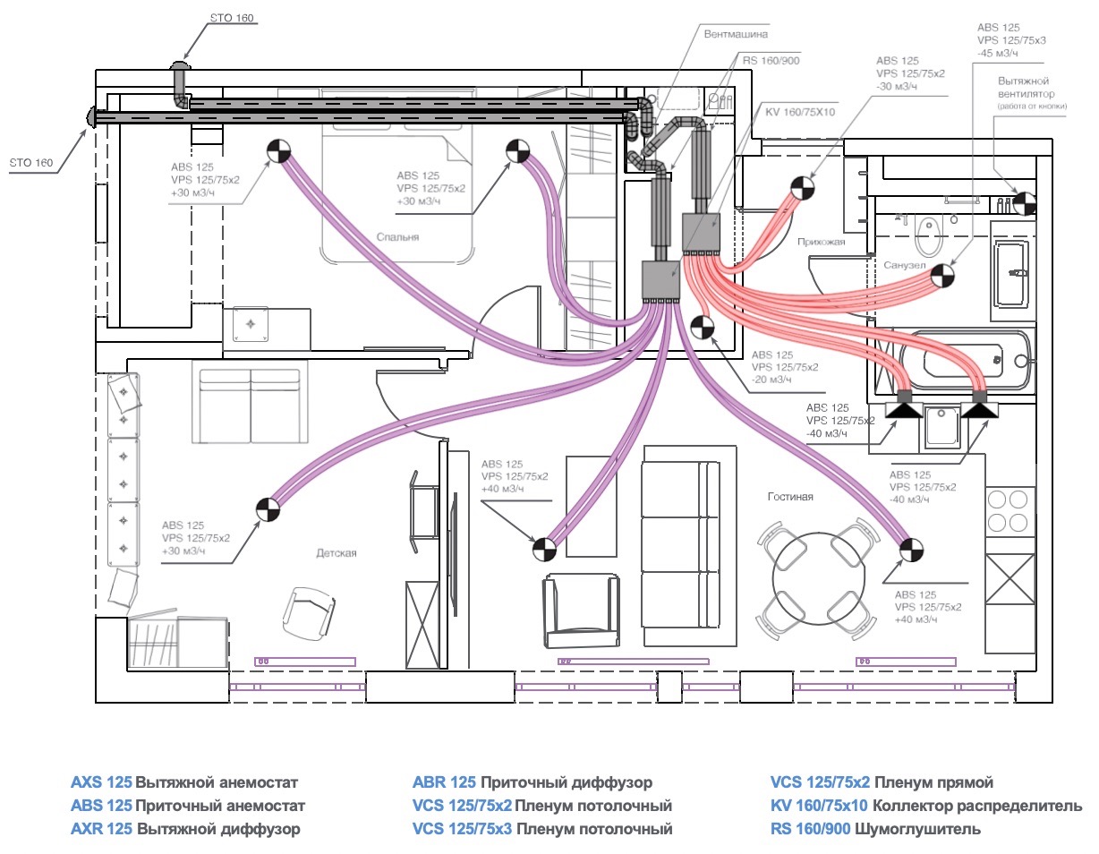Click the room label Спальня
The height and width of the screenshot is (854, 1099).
[x=397, y=236]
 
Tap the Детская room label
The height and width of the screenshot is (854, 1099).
[x=337, y=552]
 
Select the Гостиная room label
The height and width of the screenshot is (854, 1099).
[x=790, y=497]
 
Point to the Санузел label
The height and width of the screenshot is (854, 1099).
[x=905, y=265]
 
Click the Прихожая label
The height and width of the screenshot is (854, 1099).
[x=822, y=242]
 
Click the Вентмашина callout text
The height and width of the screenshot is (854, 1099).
[x=736, y=34]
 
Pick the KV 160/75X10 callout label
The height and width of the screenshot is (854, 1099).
[x=800, y=112]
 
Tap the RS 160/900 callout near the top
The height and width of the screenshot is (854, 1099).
[x=771, y=61]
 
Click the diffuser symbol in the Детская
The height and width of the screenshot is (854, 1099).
[x=268, y=509]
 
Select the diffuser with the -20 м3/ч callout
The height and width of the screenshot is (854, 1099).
[x=702, y=327]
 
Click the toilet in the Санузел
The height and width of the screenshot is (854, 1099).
[x=927, y=236]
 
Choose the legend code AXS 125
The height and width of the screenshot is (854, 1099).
[x=101, y=782]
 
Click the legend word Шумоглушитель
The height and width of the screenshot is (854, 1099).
[x=917, y=829]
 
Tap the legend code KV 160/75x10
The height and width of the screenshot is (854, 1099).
[x=819, y=806]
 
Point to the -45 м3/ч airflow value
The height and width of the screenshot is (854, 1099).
[x=997, y=53]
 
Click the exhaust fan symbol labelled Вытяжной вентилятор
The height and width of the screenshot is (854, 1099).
[x=1024, y=204]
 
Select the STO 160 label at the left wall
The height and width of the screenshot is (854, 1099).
[x=31, y=163]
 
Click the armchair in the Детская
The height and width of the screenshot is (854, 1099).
[x=309, y=613]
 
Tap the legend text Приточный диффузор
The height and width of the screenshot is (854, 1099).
[x=567, y=782]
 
